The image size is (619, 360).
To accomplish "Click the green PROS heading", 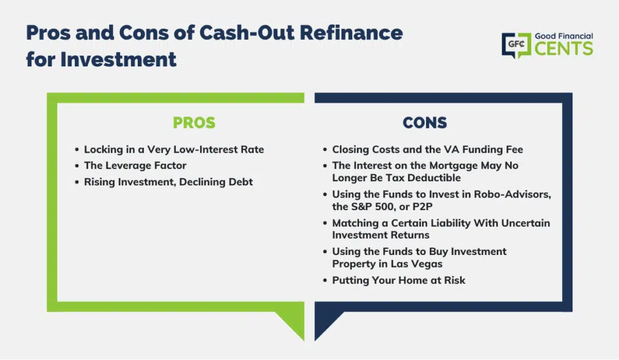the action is coord(194,123).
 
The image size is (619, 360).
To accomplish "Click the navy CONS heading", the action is coord(425,123).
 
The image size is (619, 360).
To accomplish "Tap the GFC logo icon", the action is coord(516,45).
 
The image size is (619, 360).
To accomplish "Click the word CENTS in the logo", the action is coord(564,49).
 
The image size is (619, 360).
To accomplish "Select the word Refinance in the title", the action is coord(351,33).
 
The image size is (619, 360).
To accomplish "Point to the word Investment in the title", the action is coord(118,60).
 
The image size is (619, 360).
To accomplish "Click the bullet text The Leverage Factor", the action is coord(135,166).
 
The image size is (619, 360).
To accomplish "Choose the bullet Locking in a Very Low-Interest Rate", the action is coord(173,149).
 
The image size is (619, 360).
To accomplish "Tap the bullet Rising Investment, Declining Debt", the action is coord(168,182).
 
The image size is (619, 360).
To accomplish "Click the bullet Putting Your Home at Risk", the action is coord(398,280).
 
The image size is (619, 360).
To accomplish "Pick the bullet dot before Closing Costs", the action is coord(325,150).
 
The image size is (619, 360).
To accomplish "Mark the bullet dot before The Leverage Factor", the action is coord(77,166).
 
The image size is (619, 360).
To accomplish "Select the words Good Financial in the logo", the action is coord(564,36).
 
